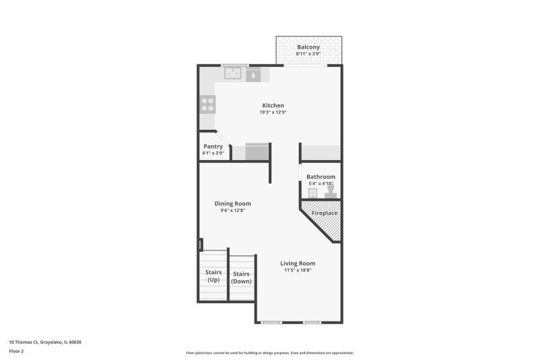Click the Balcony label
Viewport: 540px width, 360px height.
[308, 47]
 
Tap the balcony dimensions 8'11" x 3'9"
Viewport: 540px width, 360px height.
[308, 54]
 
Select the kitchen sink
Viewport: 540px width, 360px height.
[233, 73]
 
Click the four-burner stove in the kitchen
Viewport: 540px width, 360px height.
[208, 105]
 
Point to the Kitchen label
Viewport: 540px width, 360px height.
[273, 105]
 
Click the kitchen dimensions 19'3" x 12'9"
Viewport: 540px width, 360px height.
[273, 112]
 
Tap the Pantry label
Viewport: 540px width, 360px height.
[213, 147]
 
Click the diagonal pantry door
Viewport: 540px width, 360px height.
[223, 138]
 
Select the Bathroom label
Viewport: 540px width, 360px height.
[321, 177]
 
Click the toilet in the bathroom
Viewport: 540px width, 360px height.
[331, 192]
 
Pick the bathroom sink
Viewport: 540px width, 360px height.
[313, 193]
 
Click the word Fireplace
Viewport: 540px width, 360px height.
[325, 213]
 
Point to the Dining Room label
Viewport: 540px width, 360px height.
[233, 203]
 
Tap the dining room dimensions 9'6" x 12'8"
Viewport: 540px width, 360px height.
[233, 210]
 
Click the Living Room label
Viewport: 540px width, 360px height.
[298, 263]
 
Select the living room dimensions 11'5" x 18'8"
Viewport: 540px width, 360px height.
[298, 270]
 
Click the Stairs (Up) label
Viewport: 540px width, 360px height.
[213, 276]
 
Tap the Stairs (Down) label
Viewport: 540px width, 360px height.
[241, 278]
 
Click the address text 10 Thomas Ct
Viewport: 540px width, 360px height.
[24, 342]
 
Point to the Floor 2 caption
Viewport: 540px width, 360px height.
[16, 351]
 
